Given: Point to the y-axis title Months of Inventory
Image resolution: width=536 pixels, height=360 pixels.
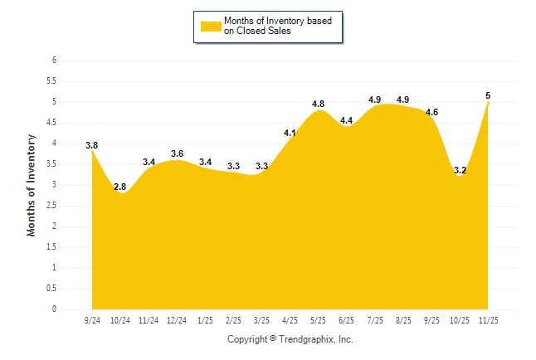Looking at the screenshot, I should click(32, 185).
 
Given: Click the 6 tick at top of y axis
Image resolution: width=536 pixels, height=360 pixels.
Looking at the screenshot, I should click(54, 61).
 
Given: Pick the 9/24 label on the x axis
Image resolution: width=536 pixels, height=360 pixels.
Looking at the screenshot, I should click(92, 320).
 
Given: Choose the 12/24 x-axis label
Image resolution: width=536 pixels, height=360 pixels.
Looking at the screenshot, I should click(177, 320).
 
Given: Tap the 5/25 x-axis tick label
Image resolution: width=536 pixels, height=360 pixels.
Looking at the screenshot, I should click(318, 320).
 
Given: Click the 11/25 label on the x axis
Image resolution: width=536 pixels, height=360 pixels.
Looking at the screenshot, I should click(488, 320).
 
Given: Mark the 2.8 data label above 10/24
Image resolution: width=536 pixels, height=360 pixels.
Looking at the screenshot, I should click(120, 187).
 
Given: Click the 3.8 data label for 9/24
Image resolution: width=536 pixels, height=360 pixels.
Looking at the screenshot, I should click(92, 145).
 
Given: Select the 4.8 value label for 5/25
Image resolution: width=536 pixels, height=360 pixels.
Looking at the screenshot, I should click(318, 104).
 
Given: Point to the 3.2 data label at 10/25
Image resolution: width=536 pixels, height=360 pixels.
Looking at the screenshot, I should click(460, 170).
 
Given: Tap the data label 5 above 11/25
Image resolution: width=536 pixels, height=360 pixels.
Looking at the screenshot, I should click(488, 95).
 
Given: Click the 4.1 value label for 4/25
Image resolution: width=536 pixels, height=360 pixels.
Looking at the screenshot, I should click(290, 133).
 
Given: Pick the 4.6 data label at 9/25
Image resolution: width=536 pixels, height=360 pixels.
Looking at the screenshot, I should click(431, 112).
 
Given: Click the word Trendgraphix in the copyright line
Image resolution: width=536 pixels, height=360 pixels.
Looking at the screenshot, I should click(307, 339).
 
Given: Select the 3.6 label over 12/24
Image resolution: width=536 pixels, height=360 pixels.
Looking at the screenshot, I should click(177, 153).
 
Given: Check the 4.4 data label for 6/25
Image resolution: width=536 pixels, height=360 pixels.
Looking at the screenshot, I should click(346, 120).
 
